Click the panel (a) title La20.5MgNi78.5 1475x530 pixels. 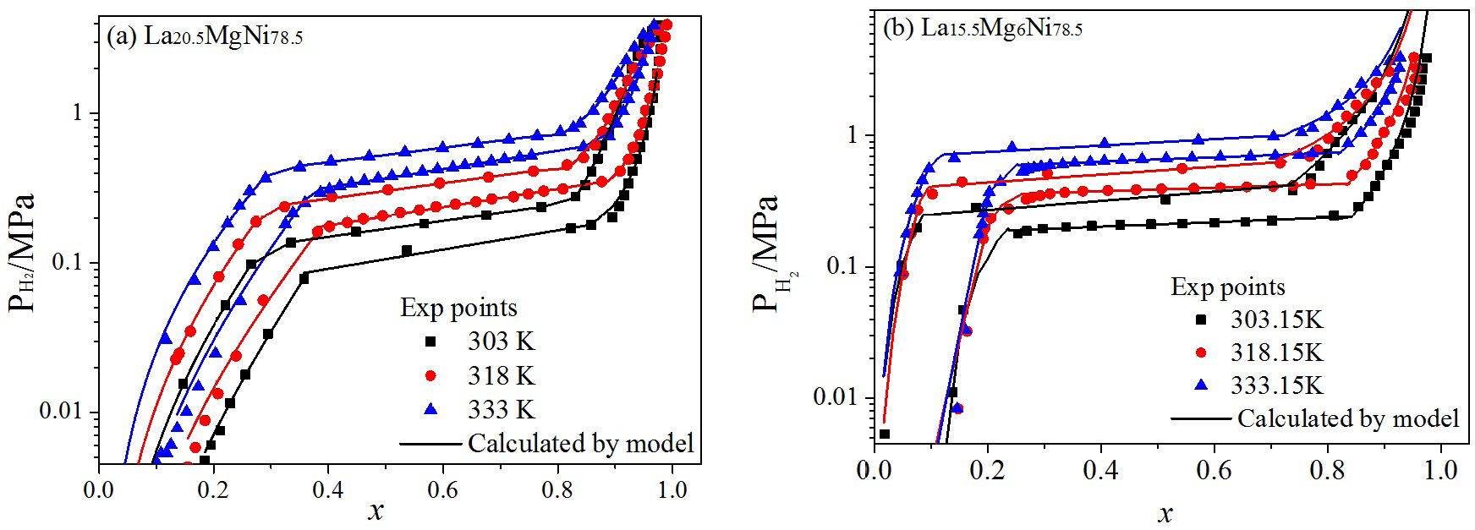pyautogui.click(x=204, y=36)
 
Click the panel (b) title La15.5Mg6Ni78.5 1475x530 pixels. pyautogui.click(x=982, y=29)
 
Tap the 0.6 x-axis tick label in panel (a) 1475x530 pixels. pyautogui.click(x=500, y=490)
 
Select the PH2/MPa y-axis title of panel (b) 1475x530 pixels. pyautogui.click(x=772, y=253)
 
